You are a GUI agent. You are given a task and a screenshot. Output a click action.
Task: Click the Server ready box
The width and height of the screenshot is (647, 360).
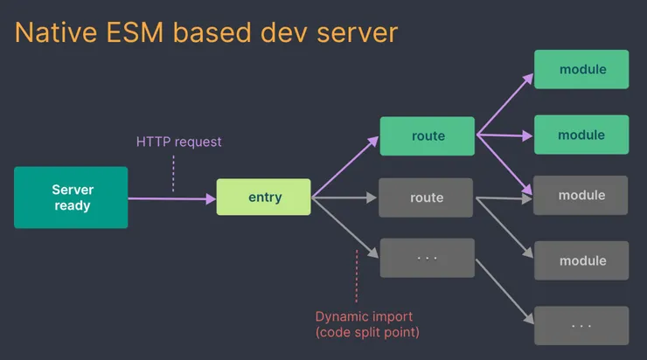pyautogui.click(x=71, y=198)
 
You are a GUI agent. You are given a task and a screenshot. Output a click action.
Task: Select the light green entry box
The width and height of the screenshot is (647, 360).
pyautogui.click(x=264, y=197)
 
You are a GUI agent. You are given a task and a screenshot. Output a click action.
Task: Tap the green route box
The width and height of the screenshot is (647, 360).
pyautogui.click(x=428, y=135)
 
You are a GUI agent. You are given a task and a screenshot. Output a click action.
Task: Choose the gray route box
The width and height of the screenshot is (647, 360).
pyautogui.click(x=426, y=197)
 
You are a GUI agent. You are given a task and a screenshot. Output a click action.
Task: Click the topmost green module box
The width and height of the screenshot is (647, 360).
pyautogui.click(x=581, y=68)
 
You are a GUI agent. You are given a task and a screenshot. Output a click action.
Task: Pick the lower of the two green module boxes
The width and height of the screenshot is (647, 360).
pyautogui.click(x=581, y=135)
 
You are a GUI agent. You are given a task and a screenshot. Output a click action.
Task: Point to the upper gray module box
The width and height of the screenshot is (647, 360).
pyautogui.click(x=581, y=196)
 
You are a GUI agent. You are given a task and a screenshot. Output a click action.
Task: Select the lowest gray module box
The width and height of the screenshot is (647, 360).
pyautogui.click(x=581, y=260)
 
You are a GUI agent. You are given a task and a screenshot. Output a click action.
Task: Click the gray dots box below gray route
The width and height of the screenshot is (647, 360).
pyautogui.click(x=426, y=258)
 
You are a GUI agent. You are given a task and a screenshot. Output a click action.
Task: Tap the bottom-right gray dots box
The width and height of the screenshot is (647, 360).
pyautogui.click(x=581, y=325)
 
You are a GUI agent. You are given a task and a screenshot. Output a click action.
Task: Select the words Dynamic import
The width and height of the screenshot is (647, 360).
pyautogui.click(x=364, y=316)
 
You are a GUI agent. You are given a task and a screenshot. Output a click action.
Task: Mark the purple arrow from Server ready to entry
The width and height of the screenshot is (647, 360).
pyautogui.click(x=171, y=199)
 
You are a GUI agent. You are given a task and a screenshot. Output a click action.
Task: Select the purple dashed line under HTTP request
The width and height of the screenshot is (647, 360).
pyautogui.click(x=173, y=173)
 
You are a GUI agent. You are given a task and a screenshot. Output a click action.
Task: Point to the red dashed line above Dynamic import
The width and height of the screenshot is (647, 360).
pyautogui.click(x=357, y=274)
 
